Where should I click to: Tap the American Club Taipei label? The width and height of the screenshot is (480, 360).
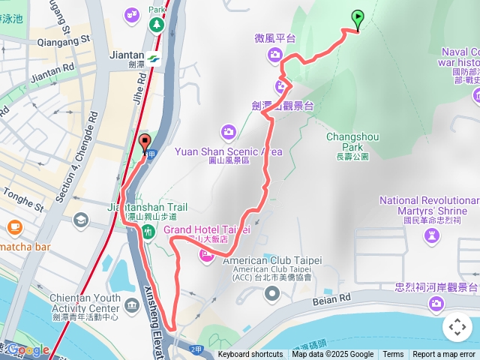[x=277, y=260]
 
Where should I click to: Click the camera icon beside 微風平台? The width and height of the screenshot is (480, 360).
[x=275, y=53]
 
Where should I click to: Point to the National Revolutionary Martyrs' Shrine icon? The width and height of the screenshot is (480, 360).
[x=431, y=238]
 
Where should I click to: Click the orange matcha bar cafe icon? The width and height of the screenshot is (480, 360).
[x=14, y=226]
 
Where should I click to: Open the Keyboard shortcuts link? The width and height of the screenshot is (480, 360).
[x=250, y=355]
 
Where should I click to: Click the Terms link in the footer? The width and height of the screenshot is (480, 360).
[x=393, y=355]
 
